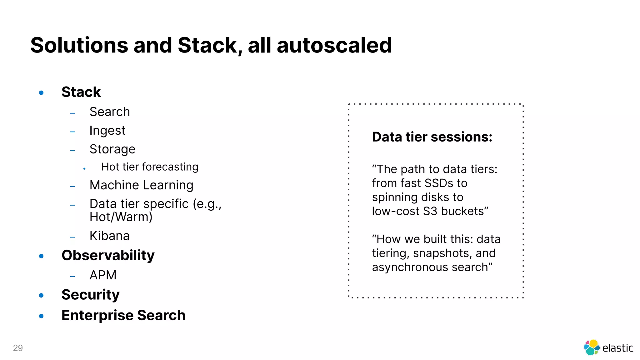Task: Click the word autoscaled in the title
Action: click(334, 45)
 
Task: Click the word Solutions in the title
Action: click(79, 45)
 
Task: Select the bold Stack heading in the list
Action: click(81, 92)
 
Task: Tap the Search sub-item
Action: click(109, 112)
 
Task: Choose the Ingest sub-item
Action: click(107, 131)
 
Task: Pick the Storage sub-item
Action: click(112, 149)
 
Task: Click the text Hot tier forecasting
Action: click(150, 167)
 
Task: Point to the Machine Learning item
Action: click(141, 185)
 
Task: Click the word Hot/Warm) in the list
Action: click(121, 217)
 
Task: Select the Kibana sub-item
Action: click(109, 236)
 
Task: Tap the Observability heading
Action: click(108, 255)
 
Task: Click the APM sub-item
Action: click(103, 275)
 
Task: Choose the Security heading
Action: click(90, 295)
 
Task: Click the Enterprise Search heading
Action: click(123, 315)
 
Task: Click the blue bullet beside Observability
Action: click(41, 256)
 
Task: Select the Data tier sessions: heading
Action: click(432, 137)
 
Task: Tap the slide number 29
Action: click(18, 348)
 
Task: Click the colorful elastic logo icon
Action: click(591, 347)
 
